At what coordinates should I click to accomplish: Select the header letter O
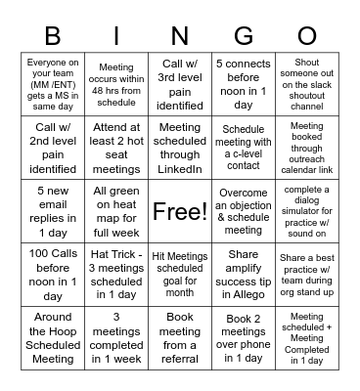point(307,35)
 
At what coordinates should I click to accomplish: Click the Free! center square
point(180,211)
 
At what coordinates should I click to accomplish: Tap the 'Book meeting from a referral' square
point(180,338)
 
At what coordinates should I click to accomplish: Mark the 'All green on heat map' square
point(116,211)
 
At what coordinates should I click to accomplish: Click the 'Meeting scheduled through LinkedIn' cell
point(180,148)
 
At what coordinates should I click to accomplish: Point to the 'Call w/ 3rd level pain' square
point(180,84)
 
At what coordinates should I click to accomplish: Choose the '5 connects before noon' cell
point(244,84)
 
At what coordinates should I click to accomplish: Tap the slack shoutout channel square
point(307,84)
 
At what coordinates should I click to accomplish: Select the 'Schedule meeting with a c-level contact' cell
point(244,148)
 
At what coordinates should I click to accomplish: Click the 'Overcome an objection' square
point(244,211)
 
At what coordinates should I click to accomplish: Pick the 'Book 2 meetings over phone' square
point(244,338)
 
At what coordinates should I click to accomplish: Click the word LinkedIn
point(180,169)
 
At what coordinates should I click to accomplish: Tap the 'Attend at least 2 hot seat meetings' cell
point(116,148)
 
